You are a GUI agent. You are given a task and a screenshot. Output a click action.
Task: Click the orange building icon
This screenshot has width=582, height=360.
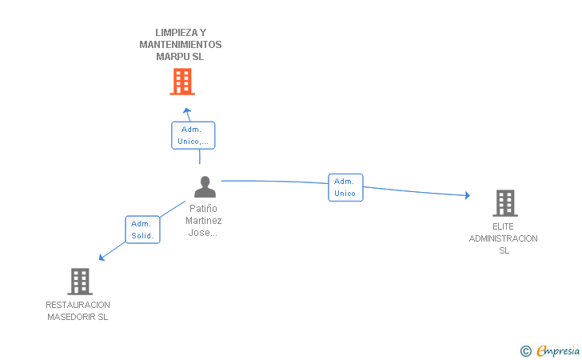tap(182, 82)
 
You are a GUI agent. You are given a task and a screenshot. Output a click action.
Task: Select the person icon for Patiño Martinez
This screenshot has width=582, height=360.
tap(205, 186)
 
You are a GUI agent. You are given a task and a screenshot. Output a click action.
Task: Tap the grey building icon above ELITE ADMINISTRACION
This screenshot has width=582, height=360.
tap(505, 203)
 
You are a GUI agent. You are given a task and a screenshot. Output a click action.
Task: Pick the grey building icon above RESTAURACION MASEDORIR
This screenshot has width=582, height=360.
tap(80, 282)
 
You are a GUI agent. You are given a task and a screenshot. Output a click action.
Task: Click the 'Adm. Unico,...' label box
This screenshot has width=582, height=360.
tap(193, 135)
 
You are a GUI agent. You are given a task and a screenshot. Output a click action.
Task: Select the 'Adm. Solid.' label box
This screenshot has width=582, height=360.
tap(142, 230)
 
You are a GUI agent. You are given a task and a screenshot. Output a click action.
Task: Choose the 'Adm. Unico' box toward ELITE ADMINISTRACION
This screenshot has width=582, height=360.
tap(345, 187)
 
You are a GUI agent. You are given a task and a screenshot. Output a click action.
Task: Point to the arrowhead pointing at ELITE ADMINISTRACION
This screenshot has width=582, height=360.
tap(468, 195)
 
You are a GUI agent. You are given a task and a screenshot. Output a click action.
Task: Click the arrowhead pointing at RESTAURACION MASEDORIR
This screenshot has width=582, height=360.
tap(102, 257)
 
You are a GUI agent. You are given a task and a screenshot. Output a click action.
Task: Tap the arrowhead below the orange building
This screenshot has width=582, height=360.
tap(187, 110)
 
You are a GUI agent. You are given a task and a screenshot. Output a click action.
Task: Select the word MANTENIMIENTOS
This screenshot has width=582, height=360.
tap(181, 45)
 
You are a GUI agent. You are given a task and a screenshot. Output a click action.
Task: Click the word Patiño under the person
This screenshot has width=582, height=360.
tap(203, 209)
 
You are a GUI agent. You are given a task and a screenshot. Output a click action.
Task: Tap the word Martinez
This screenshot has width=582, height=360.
tap(203, 221)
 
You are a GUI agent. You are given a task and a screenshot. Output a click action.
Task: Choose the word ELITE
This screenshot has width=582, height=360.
tap(503, 226)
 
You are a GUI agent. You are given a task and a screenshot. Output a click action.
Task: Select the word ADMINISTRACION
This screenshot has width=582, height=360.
tap(504, 238)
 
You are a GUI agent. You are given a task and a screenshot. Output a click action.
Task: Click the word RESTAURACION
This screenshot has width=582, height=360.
tap(78, 305)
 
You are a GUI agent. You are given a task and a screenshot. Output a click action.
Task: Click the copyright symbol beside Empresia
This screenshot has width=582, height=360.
tap(525, 350)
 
